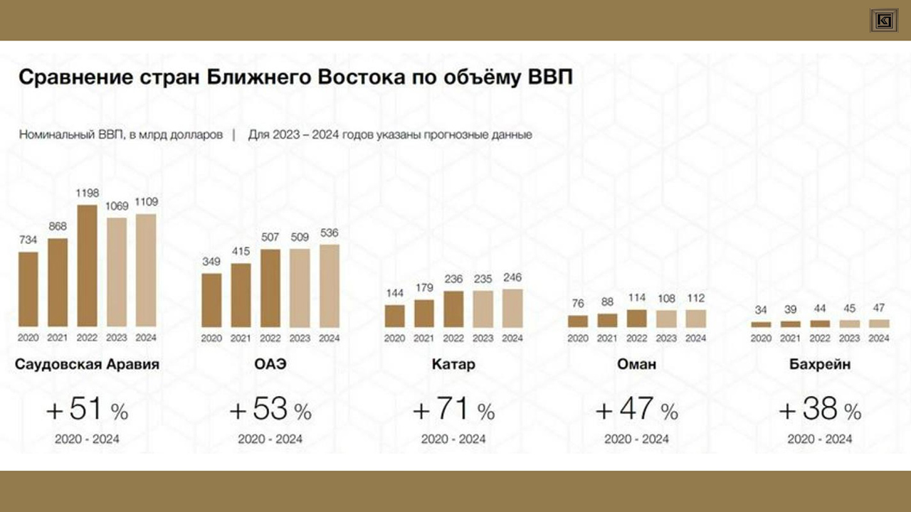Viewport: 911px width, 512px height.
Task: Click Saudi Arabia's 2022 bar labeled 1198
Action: (87, 266)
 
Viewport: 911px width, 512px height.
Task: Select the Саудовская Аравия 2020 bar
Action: (28, 289)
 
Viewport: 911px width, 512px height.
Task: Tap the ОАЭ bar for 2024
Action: (330, 286)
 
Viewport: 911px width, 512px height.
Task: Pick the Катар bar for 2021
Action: (424, 313)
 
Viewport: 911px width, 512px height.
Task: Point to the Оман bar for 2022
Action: (637, 318)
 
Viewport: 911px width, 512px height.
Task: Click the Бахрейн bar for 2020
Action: (761, 324)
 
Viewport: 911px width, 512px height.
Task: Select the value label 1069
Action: (117, 207)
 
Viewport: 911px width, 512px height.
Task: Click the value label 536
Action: (330, 233)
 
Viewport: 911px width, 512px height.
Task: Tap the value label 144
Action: (394, 294)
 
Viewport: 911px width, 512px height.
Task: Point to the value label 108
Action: (666, 299)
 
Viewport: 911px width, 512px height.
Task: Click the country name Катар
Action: (453, 366)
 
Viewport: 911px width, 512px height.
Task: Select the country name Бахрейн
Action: (820, 366)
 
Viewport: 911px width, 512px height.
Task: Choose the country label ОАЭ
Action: (270, 366)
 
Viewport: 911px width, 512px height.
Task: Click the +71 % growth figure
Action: (453, 410)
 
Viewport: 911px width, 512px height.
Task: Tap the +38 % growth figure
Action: (820, 410)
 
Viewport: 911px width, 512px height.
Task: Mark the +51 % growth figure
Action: (87, 410)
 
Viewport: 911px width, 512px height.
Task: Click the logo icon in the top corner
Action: (883, 20)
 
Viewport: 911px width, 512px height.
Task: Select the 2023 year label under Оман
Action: (666, 338)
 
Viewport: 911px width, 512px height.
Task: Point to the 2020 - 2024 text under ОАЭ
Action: (270, 439)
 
